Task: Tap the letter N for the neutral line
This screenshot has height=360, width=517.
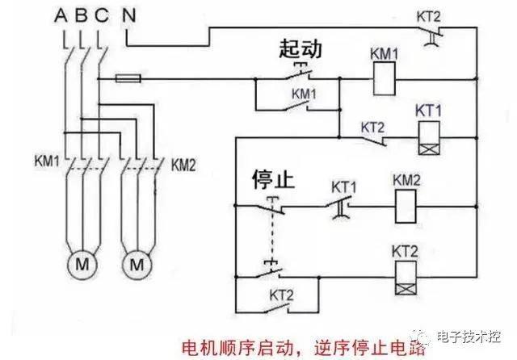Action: click(130, 14)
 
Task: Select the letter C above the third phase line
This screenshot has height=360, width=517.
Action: click(99, 14)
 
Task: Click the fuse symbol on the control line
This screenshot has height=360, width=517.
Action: click(129, 79)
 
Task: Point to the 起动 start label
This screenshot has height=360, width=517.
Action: click(301, 49)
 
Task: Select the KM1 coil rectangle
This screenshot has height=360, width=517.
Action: click(385, 80)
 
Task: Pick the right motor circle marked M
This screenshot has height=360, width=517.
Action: click(137, 264)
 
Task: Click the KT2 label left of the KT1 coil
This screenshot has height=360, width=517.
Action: click(372, 127)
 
